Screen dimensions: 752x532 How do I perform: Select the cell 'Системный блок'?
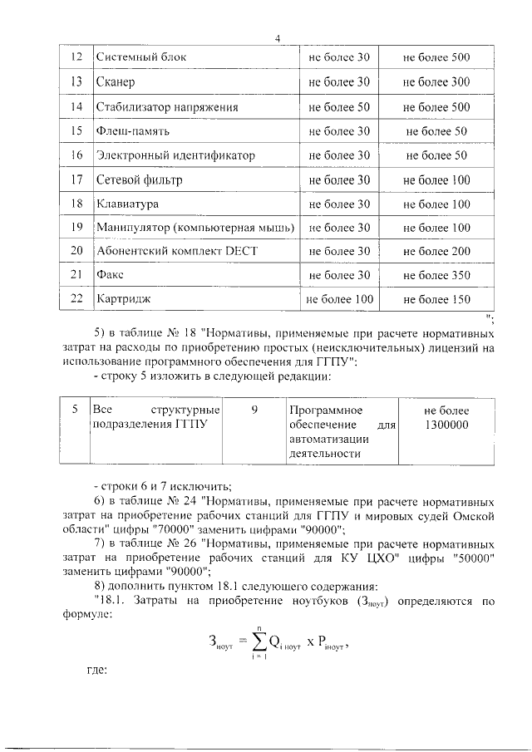[140, 57]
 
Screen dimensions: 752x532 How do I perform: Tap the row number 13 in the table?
[76, 82]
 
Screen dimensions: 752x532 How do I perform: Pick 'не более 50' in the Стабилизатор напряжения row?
[338, 107]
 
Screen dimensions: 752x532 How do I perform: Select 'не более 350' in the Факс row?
[436, 275]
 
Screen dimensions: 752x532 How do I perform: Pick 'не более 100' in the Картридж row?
[339, 299]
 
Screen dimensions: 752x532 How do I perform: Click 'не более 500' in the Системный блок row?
[436, 57]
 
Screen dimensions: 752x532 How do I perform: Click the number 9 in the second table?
[254, 410]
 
